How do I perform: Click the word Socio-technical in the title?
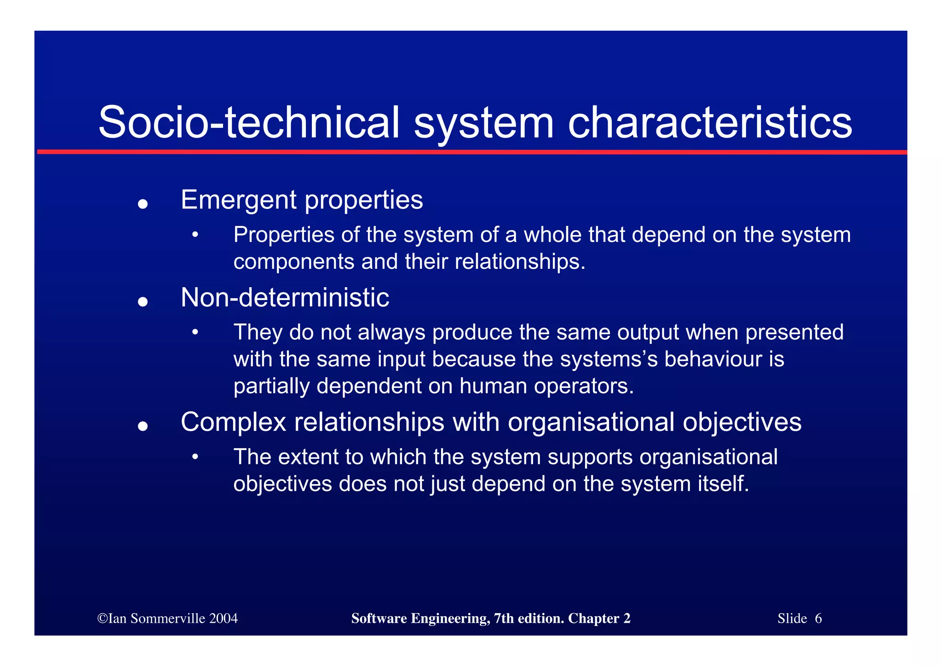click(x=249, y=122)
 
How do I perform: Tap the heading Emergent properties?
click(x=302, y=200)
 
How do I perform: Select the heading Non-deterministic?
click(x=285, y=297)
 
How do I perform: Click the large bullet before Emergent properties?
click(x=143, y=204)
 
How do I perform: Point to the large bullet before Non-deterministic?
click(x=143, y=301)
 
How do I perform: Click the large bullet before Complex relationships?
click(x=143, y=426)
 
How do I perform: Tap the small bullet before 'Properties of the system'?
click(x=195, y=235)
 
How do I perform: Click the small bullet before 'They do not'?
click(x=195, y=332)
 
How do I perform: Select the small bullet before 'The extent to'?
click(x=195, y=457)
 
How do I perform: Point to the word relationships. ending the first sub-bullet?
click(x=520, y=262)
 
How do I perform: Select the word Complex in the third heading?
click(x=234, y=422)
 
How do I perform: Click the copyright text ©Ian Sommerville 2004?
click(x=168, y=618)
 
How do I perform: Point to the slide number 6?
click(x=818, y=618)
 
